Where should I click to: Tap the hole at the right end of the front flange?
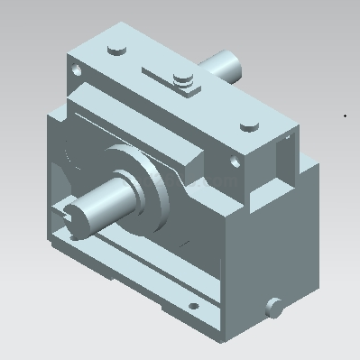pyautogui.click(x=235, y=163)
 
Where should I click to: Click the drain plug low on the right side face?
pyautogui.click(x=274, y=307)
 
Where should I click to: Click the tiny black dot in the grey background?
pyautogui.click(x=345, y=115)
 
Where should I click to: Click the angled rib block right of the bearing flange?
pyautogui.click(x=189, y=171)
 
